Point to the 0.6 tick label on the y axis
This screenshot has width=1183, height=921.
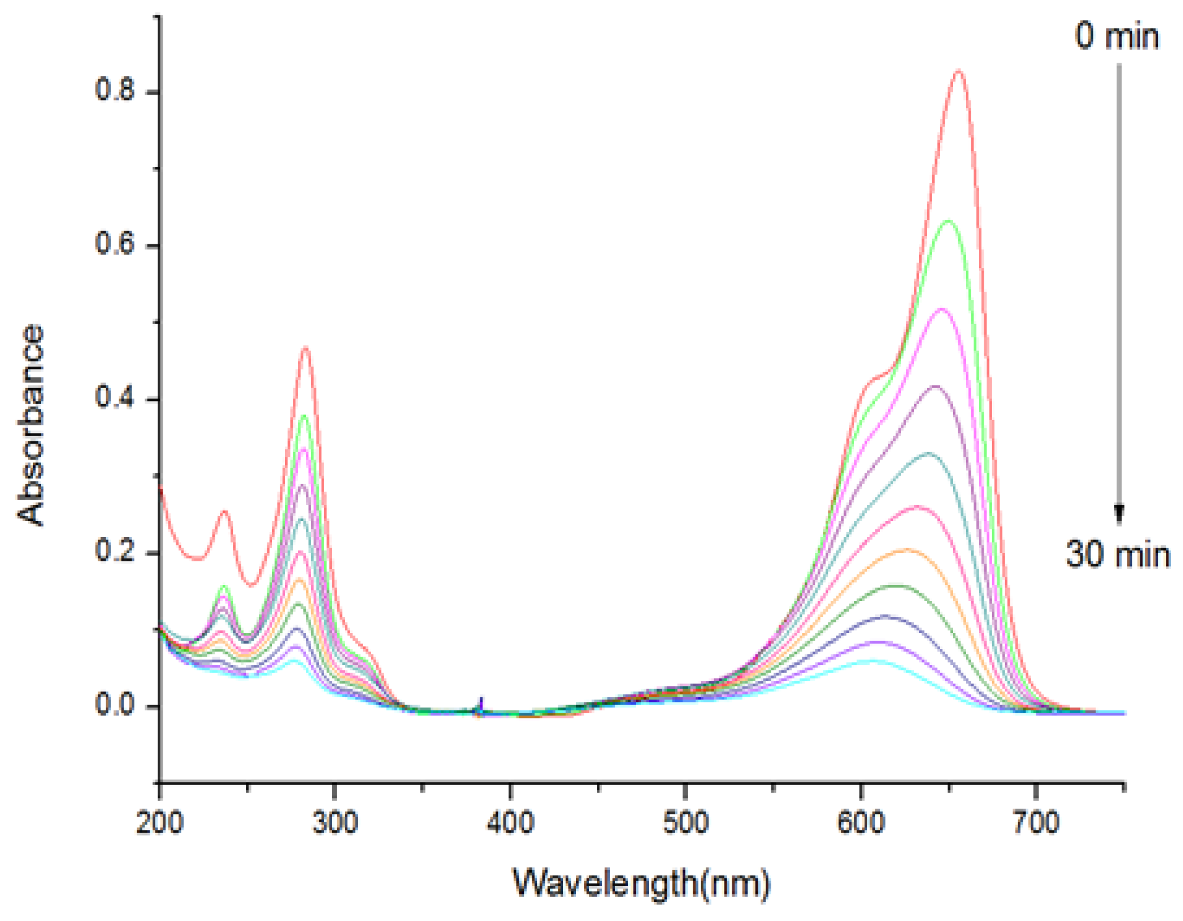[x=115, y=244]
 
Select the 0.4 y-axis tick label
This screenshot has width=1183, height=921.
[x=115, y=398]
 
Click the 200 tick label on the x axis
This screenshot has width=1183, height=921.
[x=160, y=823]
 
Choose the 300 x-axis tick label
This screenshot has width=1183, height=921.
[x=335, y=823]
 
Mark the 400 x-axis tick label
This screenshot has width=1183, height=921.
[x=510, y=823]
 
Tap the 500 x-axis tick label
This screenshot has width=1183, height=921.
[x=686, y=823]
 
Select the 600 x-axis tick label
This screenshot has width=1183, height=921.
[x=861, y=823]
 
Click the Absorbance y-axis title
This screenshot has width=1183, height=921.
[x=31, y=425]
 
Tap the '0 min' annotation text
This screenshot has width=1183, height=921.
[x=1117, y=37]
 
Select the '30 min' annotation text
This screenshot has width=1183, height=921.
[x=1118, y=555]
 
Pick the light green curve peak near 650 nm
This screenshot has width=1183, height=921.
[x=949, y=221]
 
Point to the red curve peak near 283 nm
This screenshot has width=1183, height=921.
[x=306, y=348]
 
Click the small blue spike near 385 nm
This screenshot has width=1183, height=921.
[x=481, y=702]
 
